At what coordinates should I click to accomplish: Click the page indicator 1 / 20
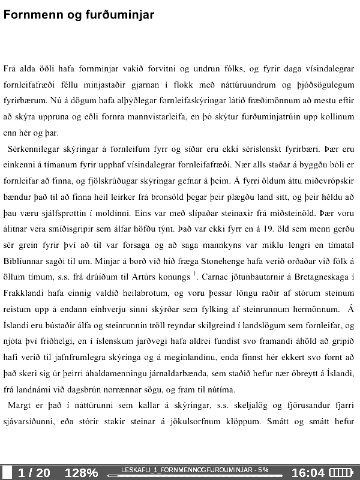click(34, 473)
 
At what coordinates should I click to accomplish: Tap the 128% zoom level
click(81, 473)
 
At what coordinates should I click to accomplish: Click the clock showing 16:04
click(308, 473)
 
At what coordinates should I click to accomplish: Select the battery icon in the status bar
click(343, 473)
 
